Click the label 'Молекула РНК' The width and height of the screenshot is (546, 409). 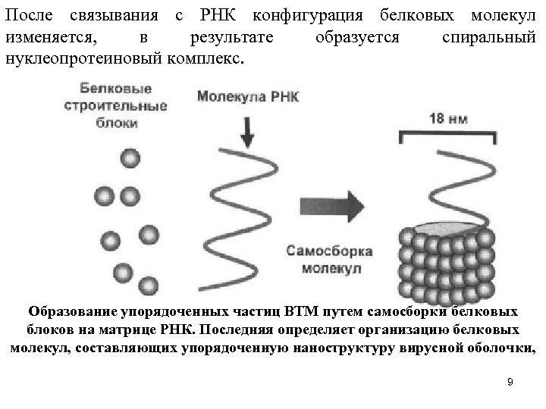247,96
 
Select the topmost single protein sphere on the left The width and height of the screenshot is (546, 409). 129,158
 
